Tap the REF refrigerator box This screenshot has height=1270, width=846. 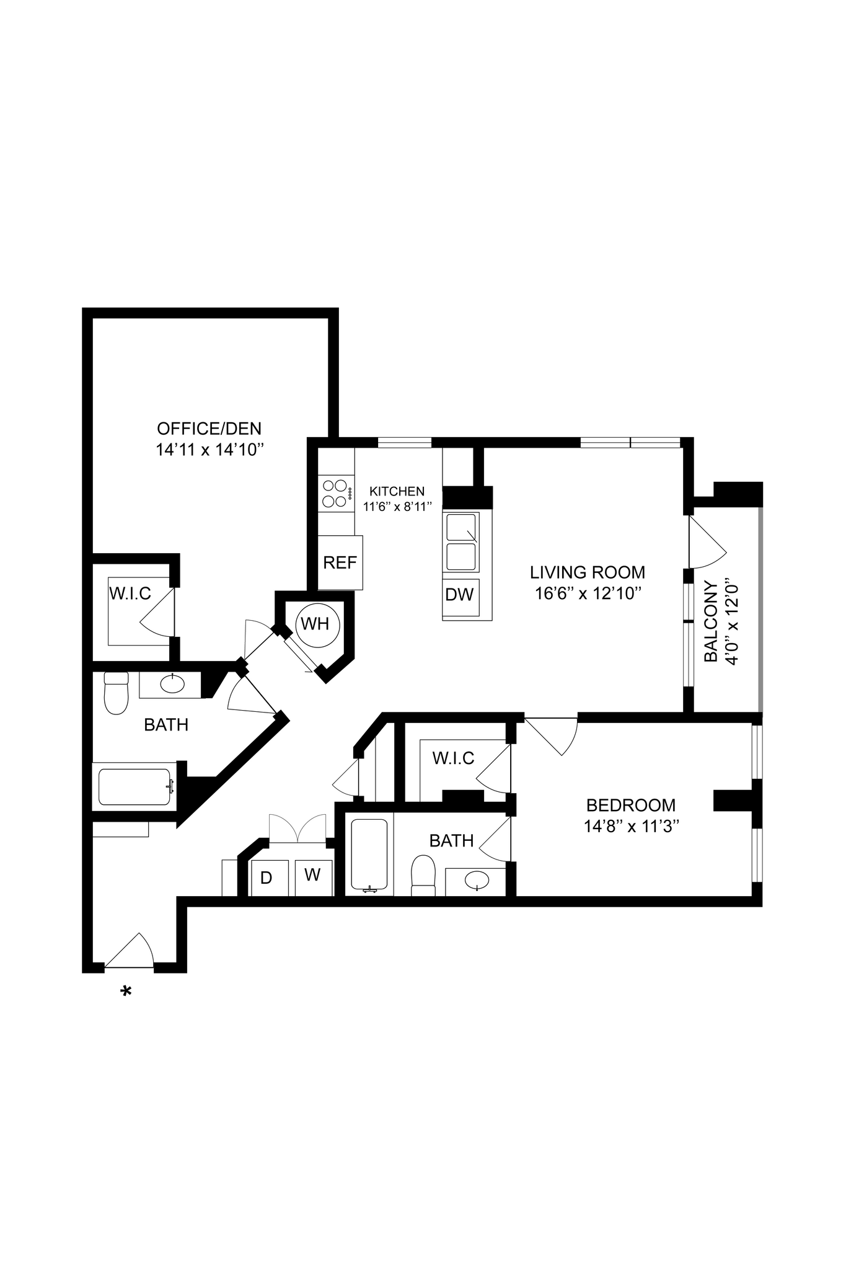point(340,562)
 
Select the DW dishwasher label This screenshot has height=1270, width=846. point(459,595)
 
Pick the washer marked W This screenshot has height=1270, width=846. point(313,876)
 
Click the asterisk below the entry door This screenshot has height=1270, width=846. point(126,992)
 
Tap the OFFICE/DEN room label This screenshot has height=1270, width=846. point(209,429)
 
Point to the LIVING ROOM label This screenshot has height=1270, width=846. point(587,572)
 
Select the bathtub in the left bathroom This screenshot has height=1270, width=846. point(134,787)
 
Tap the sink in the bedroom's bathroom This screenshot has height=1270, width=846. point(476,880)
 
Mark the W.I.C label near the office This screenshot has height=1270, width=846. point(130,593)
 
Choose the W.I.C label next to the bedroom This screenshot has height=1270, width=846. point(453,758)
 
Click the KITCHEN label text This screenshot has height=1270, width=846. point(397,491)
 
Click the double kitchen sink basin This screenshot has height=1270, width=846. point(460,541)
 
